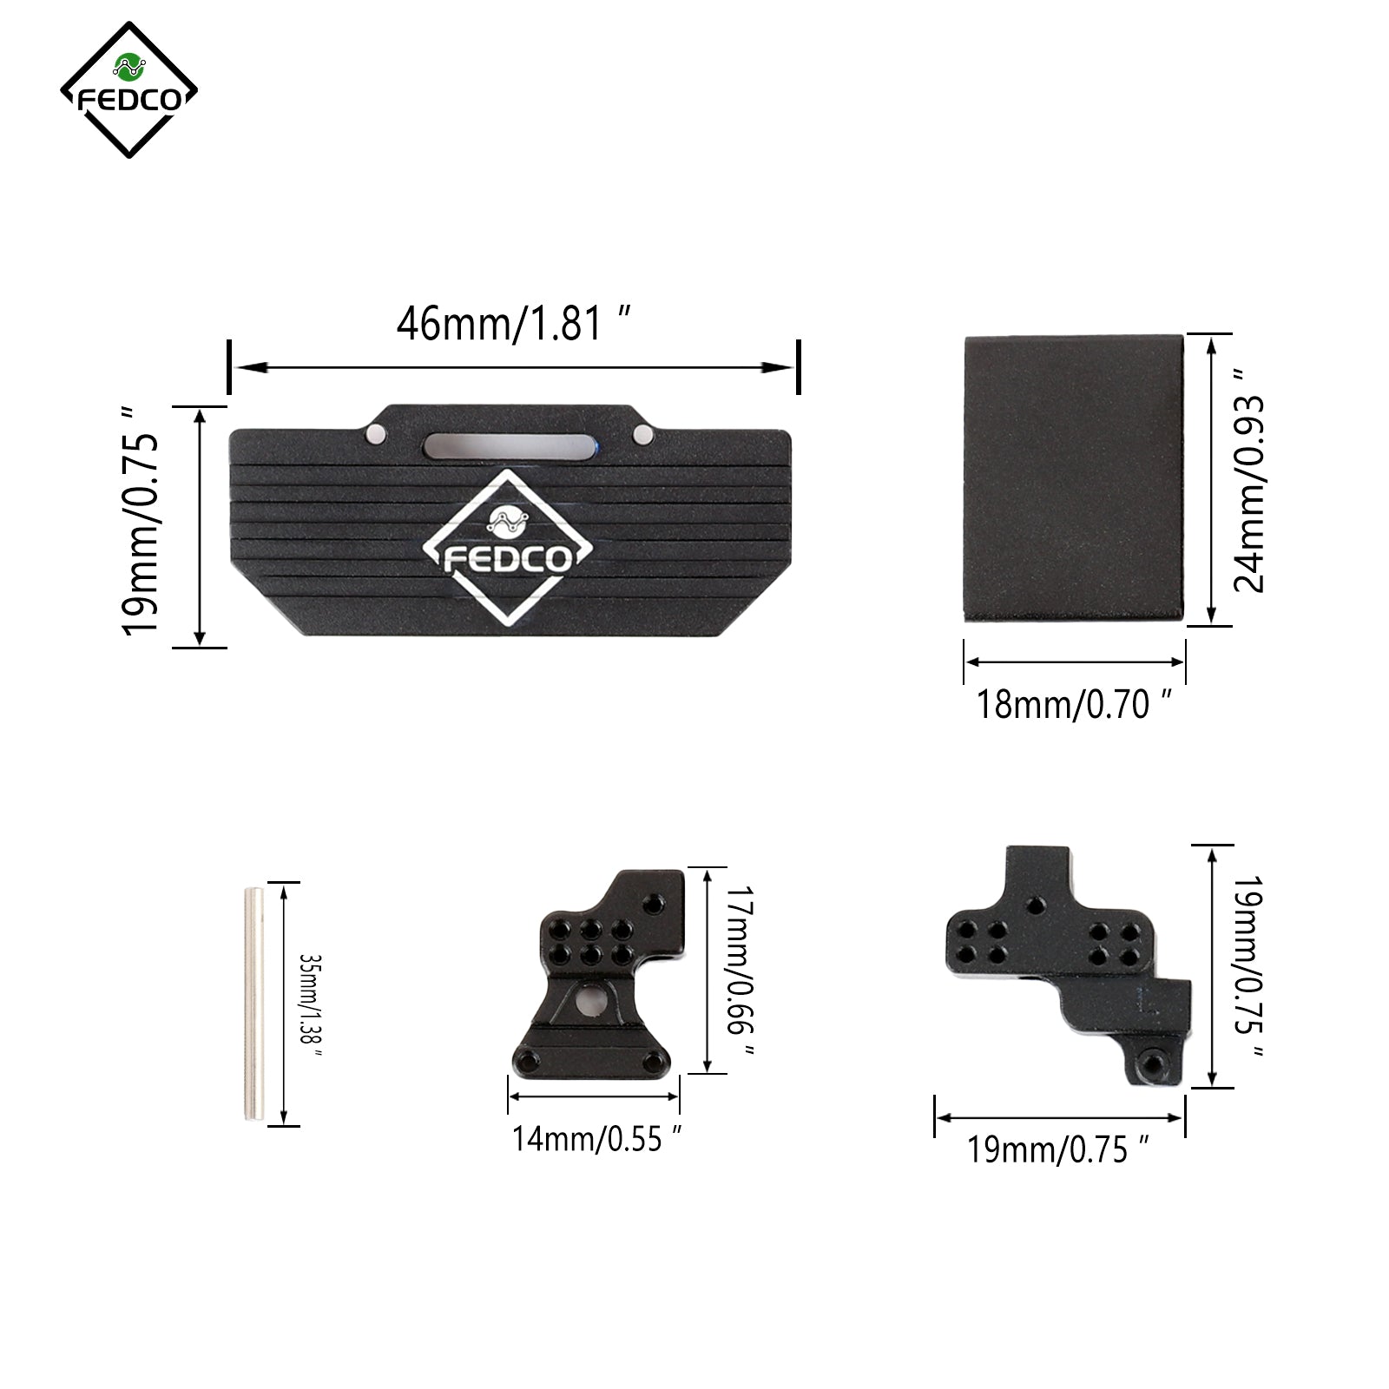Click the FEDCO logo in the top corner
click(128, 89)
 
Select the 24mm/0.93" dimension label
click(1249, 480)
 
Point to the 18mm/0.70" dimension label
click(1075, 704)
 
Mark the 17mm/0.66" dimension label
click(740, 971)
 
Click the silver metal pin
click(253, 1004)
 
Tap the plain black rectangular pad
click(1074, 478)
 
